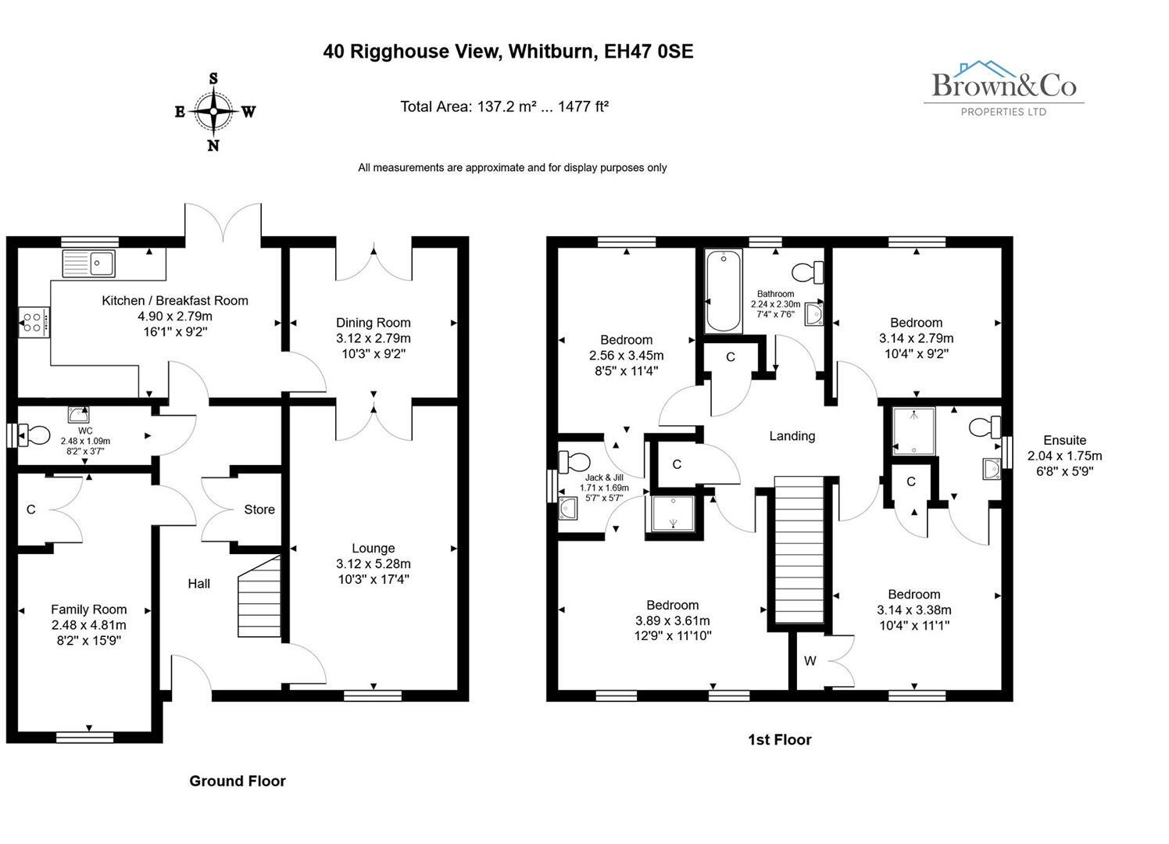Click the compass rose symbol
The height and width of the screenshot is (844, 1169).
[x=214, y=112]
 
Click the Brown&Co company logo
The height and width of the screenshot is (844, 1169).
[x=1004, y=88]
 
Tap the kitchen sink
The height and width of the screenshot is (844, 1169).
[x=89, y=263]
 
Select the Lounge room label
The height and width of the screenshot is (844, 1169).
[x=373, y=549]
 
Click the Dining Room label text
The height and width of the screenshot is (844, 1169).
[x=373, y=323]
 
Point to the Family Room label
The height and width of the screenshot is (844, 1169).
[x=88, y=610]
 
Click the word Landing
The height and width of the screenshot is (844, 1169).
[x=792, y=436]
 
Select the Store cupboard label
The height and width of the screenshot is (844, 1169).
[x=259, y=510]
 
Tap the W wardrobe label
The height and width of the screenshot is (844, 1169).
[x=810, y=661]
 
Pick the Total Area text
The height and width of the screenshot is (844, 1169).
[x=504, y=106]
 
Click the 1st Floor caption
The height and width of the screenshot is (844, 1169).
[x=779, y=739]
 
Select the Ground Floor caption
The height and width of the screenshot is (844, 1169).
[x=238, y=781]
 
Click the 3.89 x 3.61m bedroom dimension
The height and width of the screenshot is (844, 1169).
[x=672, y=620]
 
